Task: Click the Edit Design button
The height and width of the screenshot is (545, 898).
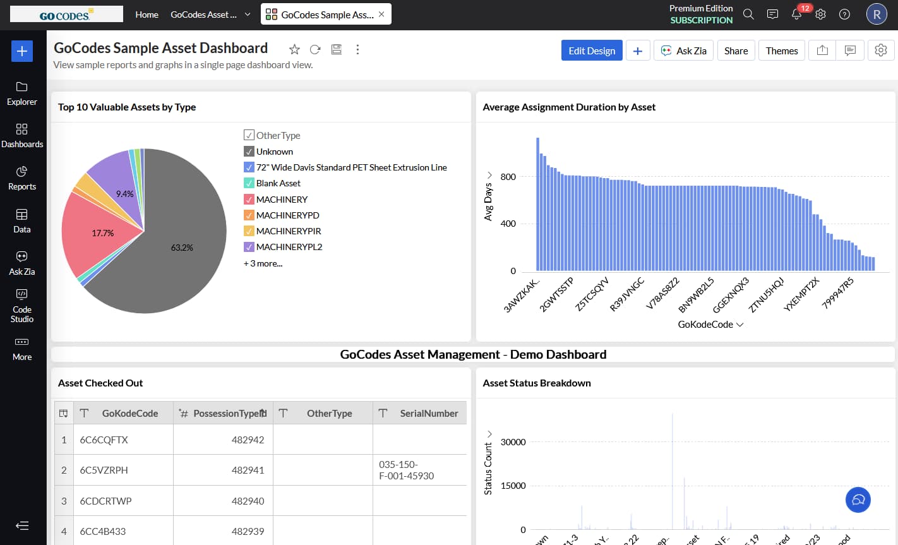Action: coord(592,51)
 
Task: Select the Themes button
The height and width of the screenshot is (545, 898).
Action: coord(782,51)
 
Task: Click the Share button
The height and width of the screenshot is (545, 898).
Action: coord(736,51)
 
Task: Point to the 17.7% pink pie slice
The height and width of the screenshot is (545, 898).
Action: coord(103,233)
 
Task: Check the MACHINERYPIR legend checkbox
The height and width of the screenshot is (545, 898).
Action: coord(249,231)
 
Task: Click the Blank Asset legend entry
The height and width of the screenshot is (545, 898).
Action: coord(278,183)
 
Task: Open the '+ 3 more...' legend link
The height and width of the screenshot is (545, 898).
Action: coord(263,263)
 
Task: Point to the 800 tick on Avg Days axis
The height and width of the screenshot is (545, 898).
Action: coord(508,177)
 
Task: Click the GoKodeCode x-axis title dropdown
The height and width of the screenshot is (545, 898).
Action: coord(710,325)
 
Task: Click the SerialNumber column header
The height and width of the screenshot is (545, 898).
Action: coord(428,413)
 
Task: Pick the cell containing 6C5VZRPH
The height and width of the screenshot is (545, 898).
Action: coord(104,470)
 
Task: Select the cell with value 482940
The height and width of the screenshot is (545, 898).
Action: coord(248,501)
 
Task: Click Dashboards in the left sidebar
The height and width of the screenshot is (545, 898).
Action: coord(22,136)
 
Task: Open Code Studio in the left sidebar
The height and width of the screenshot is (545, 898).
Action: coord(22,306)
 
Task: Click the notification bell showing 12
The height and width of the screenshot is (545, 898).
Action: coord(797,15)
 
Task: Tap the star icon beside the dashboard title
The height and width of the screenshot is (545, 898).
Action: coord(294,49)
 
